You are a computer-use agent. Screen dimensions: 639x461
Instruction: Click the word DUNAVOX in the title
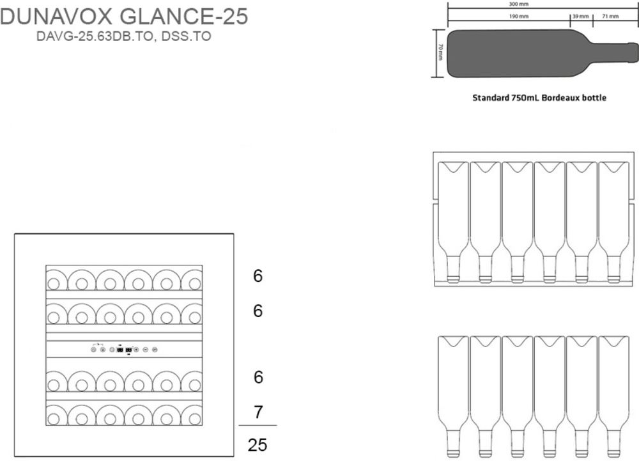click(x=56, y=17)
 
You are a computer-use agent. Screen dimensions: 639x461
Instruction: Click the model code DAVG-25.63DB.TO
click(x=95, y=36)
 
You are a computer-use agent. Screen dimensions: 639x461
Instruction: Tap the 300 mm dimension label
click(x=519, y=4)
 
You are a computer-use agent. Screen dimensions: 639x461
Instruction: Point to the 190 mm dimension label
click(x=519, y=16)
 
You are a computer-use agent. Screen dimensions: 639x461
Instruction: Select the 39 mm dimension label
click(x=581, y=16)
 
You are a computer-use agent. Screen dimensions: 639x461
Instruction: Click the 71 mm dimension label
click(x=610, y=16)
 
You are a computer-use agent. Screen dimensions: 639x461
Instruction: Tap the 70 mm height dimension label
click(x=440, y=52)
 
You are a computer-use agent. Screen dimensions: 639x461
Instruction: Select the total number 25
click(x=258, y=445)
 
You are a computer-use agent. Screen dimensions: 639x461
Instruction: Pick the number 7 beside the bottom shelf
click(x=258, y=412)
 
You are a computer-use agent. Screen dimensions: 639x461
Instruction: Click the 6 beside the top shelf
click(x=258, y=276)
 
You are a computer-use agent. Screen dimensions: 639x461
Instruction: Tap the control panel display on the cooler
click(x=124, y=349)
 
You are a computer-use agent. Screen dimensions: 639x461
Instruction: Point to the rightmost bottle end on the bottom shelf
click(x=192, y=416)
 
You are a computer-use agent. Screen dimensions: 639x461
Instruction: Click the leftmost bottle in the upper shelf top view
click(x=453, y=222)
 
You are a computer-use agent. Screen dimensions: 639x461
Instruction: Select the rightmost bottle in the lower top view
click(x=613, y=396)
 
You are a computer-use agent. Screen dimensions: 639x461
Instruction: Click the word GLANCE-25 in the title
click(x=184, y=17)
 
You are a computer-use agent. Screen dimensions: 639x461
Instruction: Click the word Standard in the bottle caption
click(x=491, y=98)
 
